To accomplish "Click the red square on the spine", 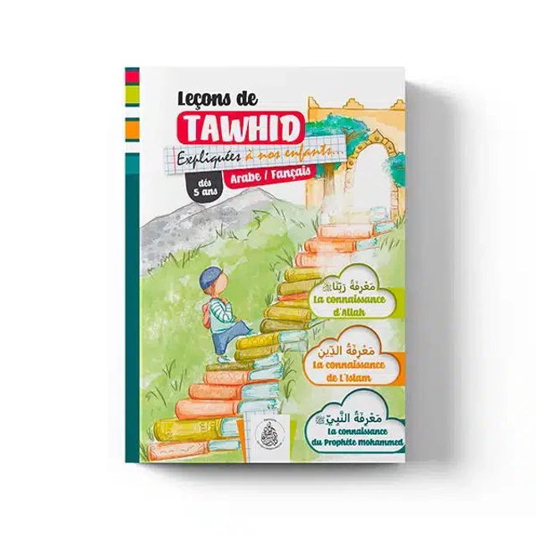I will pos(132,75).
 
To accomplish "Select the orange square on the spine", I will pos(132,128).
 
